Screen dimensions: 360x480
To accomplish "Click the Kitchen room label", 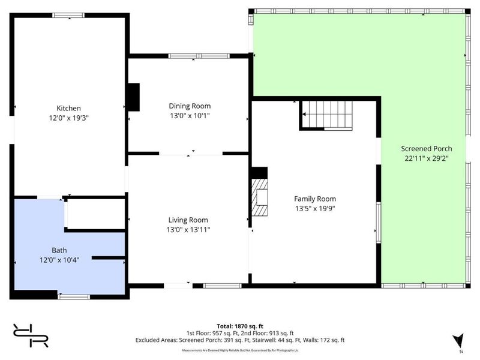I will [68, 108].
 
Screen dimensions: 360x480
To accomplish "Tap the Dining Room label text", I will [189, 106].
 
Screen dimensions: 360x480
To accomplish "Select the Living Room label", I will [188, 220].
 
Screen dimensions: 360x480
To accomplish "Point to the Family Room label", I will [314, 199].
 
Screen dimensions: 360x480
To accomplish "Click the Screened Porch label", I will [426, 149].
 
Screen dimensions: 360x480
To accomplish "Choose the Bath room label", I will [59, 250].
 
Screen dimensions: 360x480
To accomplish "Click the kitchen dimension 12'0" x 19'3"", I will [68, 118].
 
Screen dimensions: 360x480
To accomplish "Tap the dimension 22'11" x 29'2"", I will [426, 159].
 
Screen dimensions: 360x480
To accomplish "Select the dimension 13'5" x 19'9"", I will [314, 209].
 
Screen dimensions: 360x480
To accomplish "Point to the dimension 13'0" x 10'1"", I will [189, 116].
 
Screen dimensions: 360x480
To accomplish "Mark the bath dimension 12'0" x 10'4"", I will [59, 260].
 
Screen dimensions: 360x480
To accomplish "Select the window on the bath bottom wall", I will [74, 296].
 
